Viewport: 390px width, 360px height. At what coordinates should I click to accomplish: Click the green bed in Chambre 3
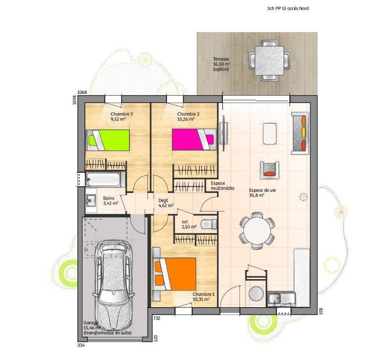click(x=108, y=140)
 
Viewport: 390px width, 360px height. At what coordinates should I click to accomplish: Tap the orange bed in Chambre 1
click(x=174, y=274)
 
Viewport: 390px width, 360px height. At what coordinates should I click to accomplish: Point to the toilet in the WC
click(x=209, y=224)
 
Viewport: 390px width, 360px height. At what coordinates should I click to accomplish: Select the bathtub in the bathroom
click(x=104, y=179)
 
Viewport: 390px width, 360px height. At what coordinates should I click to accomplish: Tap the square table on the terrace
click(x=269, y=61)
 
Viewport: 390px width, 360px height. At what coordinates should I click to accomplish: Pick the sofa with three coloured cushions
click(x=300, y=133)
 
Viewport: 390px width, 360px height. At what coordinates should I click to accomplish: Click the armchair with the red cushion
click(x=269, y=170)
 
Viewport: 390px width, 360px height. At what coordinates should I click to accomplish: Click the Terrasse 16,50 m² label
click(x=221, y=64)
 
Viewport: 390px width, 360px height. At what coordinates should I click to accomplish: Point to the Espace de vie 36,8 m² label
click(x=262, y=193)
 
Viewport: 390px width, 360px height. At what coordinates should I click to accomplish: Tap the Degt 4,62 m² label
click(x=166, y=203)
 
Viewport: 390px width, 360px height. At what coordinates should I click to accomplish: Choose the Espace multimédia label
click(x=222, y=186)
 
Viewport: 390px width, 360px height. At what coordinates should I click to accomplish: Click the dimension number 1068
click(x=82, y=93)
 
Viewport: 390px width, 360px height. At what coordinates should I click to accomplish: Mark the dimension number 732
click(x=157, y=318)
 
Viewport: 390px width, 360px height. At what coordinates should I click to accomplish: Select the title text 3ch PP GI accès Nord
click(x=288, y=9)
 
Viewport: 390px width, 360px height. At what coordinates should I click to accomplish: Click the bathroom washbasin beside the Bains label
click(x=91, y=200)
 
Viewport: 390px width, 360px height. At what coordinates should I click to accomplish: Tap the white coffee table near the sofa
click(x=270, y=134)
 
